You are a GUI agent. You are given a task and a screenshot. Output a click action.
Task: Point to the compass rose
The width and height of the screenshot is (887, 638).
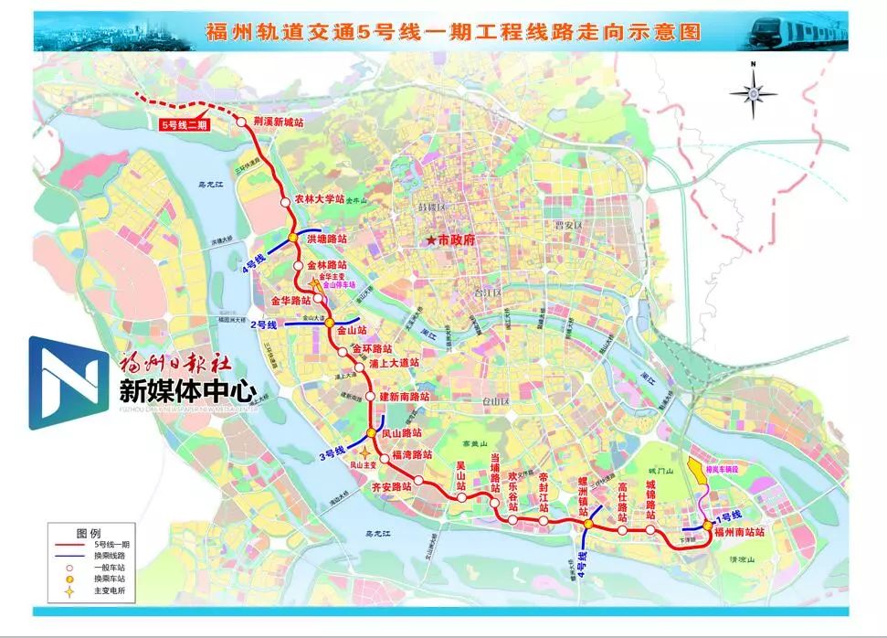(x=754, y=91)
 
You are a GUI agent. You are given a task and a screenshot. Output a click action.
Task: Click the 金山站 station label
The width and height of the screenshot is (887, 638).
(x=352, y=330)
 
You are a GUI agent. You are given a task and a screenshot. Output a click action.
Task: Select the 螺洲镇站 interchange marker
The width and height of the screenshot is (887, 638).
(x=587, y=524)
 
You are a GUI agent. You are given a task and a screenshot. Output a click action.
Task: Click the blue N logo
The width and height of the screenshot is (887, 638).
(x=67, y=382)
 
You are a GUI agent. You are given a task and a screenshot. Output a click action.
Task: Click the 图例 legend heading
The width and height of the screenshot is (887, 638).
(x=89, y=532)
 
